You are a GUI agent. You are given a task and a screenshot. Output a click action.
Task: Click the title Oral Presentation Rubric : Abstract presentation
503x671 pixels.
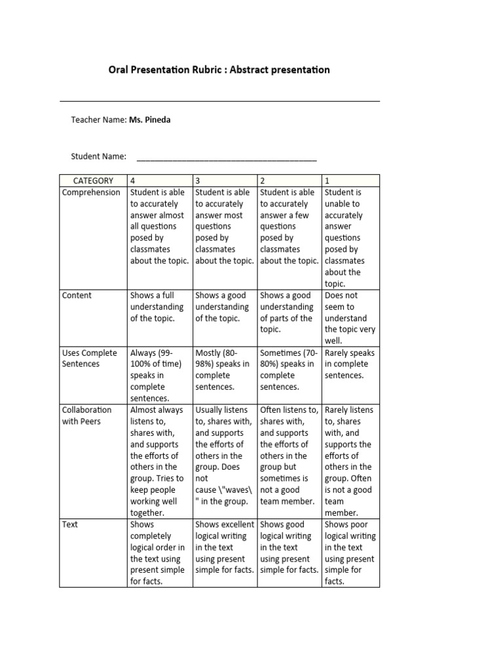pos(219,69)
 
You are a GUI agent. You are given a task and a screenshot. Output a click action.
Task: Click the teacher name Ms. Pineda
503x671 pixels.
pos(150,120)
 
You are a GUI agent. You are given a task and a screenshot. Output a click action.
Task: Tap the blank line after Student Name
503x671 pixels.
pos(226,157)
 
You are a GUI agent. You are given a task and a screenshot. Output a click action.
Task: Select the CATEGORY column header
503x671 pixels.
pos(93,181)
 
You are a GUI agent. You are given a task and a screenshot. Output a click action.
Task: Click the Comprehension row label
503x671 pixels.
pos(91,193)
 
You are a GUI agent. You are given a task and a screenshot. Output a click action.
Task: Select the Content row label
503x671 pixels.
pos(77,296)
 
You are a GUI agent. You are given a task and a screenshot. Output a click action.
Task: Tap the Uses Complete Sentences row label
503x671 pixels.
pos(89,358)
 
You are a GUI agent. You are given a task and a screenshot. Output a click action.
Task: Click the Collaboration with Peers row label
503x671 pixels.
pos(86,415)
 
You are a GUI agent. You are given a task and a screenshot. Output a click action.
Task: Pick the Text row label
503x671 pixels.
pos(70,525)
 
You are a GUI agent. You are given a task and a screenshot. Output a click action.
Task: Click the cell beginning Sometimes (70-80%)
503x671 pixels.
pos(288,370)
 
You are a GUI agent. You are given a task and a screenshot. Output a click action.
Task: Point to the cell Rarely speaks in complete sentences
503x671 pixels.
pos(350,364)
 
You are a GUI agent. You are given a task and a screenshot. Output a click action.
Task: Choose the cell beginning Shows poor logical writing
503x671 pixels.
pos(350,552)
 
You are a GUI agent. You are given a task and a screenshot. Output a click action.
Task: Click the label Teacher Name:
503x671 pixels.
pos(98,120)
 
